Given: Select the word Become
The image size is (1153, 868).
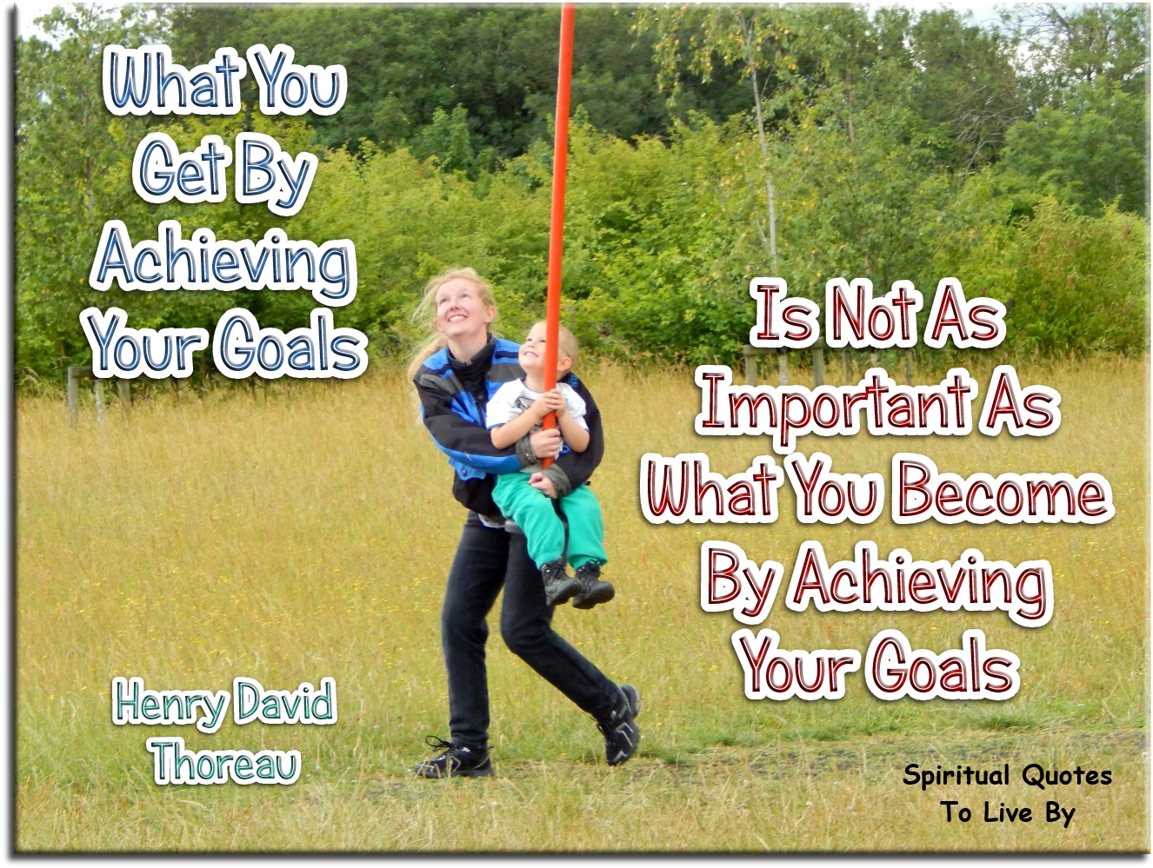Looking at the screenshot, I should pyautogui.click(x=1002, y=492).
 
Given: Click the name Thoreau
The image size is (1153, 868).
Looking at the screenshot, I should pyautogui.click(x=225, y=762).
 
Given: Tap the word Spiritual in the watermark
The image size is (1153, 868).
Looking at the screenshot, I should pyautogui.click(x=956, y=774).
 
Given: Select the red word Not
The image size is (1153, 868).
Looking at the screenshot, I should pyautogui.click(x=874, y=315).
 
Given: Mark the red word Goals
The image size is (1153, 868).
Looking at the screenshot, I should pyautogui.click(x=944, y=667).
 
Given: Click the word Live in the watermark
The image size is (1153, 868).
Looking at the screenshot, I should pyautogui.click(x=1008, y=812).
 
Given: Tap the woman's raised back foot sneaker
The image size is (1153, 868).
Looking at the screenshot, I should pyautogui.click(x=621, y=725).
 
